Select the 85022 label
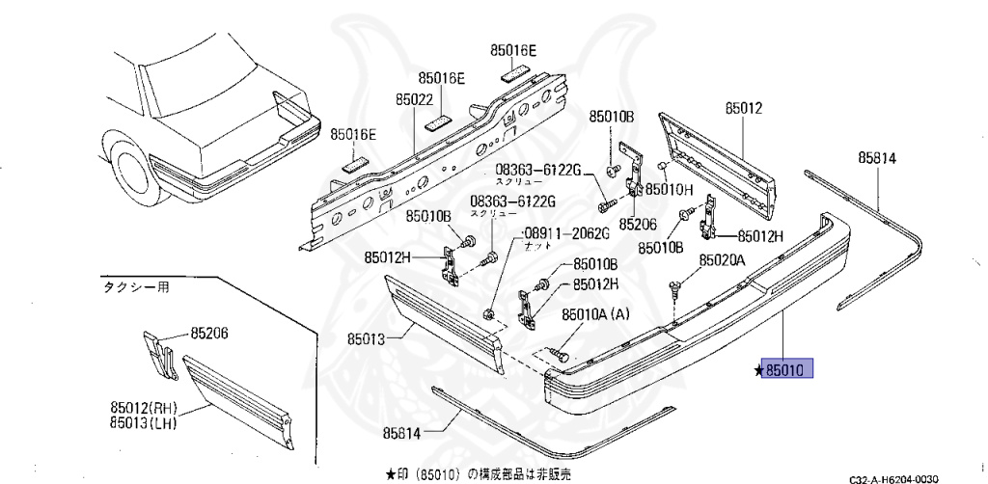point(414,97)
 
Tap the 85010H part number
point(670,189)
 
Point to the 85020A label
point(723,260)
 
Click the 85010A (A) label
point(595,312)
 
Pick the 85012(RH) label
point(145,408)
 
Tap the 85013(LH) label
point(144,422)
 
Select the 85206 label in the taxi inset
point(210,334)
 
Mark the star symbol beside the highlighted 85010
point(760,369)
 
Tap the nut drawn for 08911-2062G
point(490,311)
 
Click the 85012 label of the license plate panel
point(744,109)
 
